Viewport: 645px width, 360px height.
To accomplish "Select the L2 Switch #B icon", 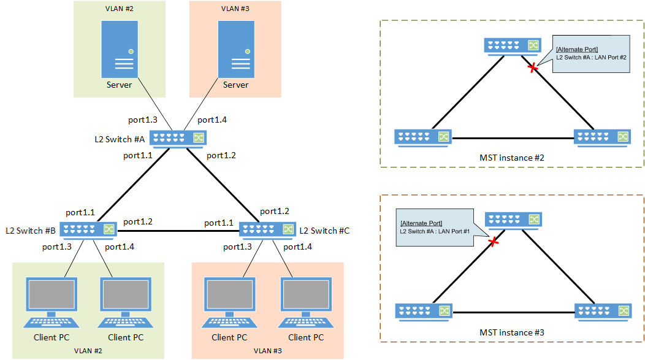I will point(89,229).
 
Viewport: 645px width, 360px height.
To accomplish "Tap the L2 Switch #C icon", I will point(267,229).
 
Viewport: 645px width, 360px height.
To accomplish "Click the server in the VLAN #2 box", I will point(120,50).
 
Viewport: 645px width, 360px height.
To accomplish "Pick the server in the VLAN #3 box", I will point(235,50).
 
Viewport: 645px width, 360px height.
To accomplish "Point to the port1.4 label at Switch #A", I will point(212,120).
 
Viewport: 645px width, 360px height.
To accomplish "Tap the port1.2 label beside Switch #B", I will point(138,221).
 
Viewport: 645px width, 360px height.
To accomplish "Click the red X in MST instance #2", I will point(533,68).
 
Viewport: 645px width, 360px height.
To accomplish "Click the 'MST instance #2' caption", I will point(512,158).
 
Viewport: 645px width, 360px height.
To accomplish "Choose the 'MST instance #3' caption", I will point(512,332).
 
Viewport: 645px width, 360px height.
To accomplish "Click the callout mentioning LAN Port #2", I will point(591,53).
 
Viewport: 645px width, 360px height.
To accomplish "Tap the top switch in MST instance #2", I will point(512,46).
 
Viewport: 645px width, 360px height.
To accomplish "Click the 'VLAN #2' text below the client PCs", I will point(88,351).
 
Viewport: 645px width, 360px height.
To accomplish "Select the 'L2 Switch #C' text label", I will point(324,231).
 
